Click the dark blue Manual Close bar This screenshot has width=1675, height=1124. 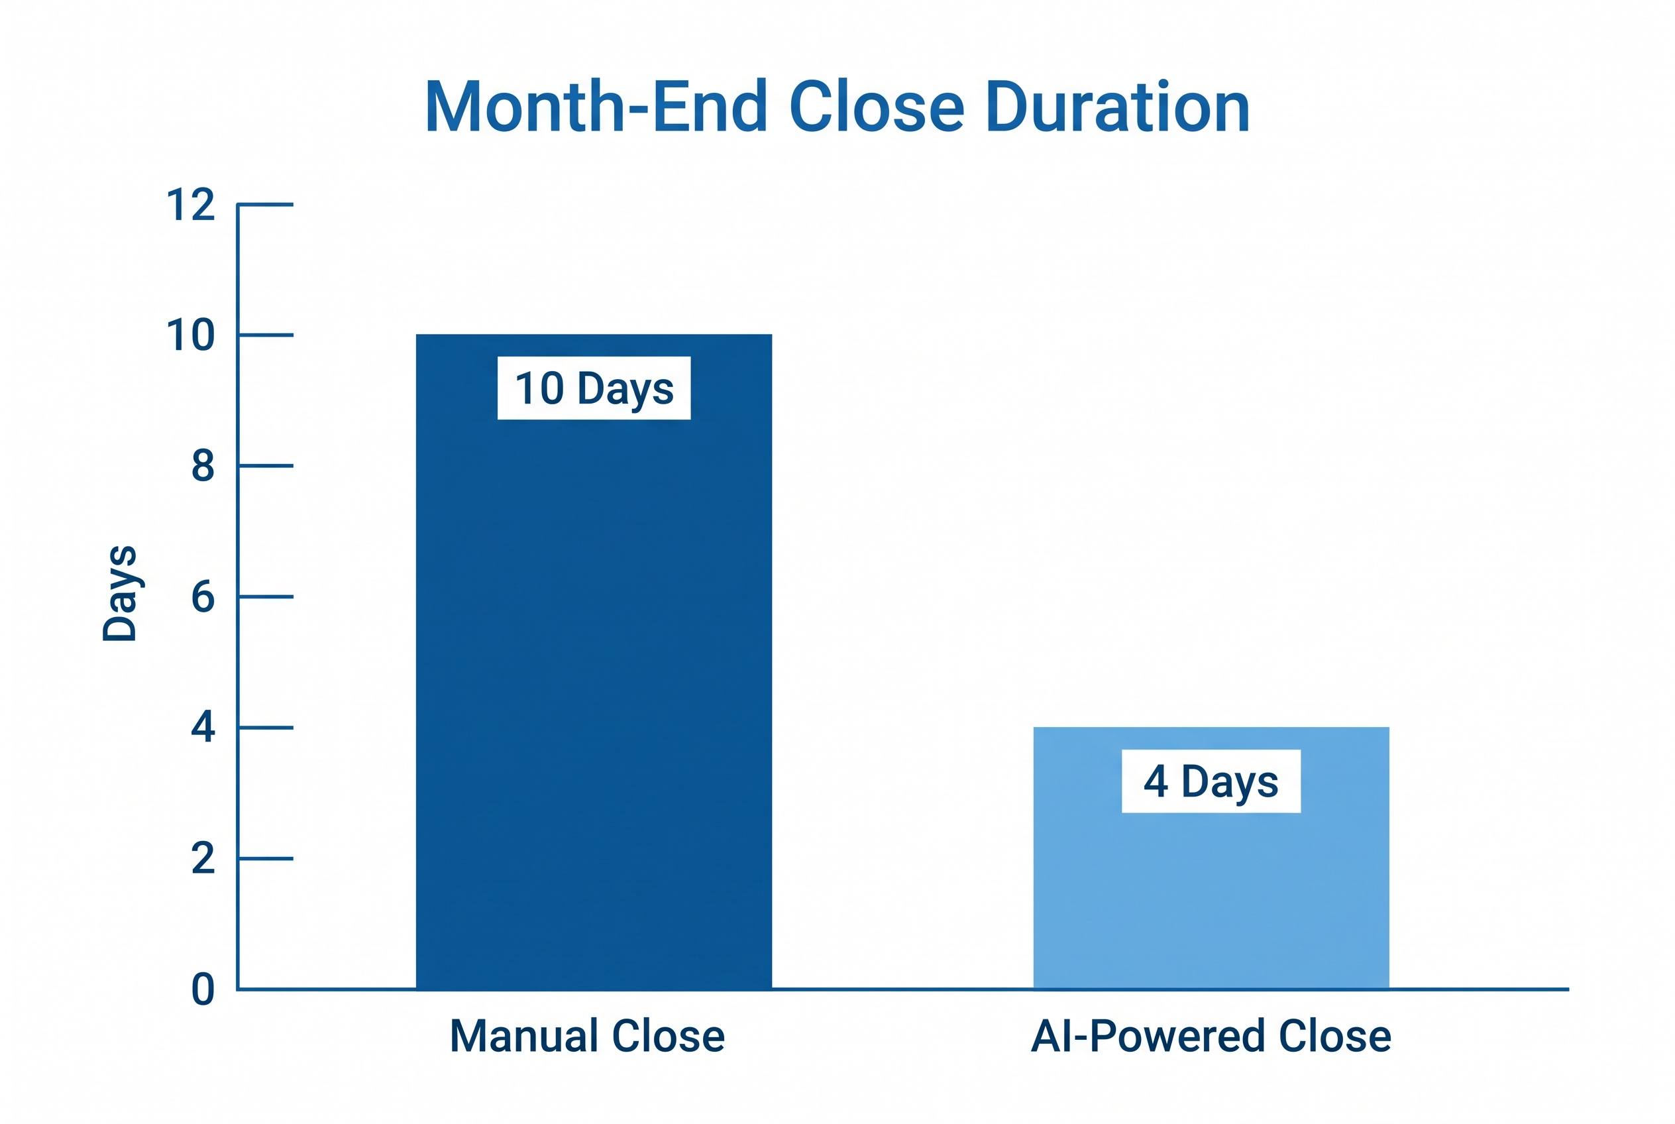(594, 661)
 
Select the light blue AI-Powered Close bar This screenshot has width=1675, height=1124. (1211, 858)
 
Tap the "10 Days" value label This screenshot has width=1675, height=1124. (594, 388)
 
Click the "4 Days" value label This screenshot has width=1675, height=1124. (1211, 781)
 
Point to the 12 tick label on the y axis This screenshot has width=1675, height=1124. (190, 205)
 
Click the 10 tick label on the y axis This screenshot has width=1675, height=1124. (190, 335)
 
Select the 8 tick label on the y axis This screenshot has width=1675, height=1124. (203, 466)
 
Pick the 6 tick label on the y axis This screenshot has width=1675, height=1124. (203, 596)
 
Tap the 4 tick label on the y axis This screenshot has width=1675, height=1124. (203, 728)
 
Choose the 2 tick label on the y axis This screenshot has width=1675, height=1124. (203, 858)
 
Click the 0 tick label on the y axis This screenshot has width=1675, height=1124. (203, 989)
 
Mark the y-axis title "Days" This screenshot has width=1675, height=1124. (120, 593)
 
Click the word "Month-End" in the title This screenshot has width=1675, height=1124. (596, 107)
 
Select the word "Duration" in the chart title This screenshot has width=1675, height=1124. (1117, 107)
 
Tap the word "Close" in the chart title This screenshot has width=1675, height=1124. (877, 107)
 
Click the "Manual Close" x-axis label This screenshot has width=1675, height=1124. (587, 1036)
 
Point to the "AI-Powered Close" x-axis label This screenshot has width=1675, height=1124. (1211, 1037)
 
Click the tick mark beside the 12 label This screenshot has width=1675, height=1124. (265, 205)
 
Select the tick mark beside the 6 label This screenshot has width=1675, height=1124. (265, 596)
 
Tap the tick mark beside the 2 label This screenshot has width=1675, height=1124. (265, 858)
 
